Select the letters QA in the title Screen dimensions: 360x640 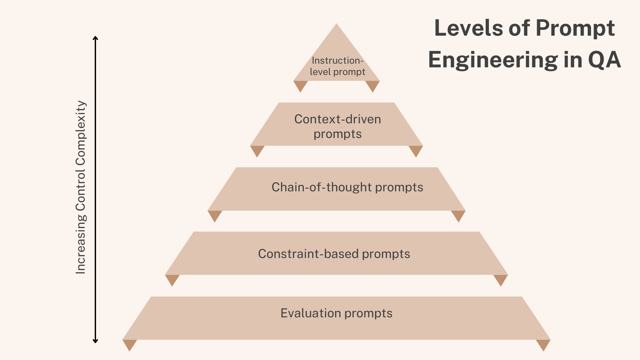(604, 60)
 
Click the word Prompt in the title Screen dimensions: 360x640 (575, 29)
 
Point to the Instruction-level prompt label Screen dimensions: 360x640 (337, 66)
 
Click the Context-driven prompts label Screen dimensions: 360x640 (337, 126)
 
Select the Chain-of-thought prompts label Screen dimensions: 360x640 (347, 187)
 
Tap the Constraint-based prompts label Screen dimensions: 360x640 (334, 254)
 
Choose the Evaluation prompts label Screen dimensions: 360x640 (336, 313)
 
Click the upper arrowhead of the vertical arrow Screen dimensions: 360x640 (95, 38)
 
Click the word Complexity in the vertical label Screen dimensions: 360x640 (81, 133)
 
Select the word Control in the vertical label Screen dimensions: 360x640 (81, 190)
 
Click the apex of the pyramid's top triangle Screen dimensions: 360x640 (337, 25)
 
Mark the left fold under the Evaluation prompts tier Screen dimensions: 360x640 (130, 344)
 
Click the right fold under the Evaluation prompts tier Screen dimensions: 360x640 (543, 344)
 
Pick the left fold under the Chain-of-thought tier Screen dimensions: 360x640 (215, 215)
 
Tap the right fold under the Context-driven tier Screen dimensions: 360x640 (416, 150)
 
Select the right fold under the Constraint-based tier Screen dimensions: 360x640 (500, 279)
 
